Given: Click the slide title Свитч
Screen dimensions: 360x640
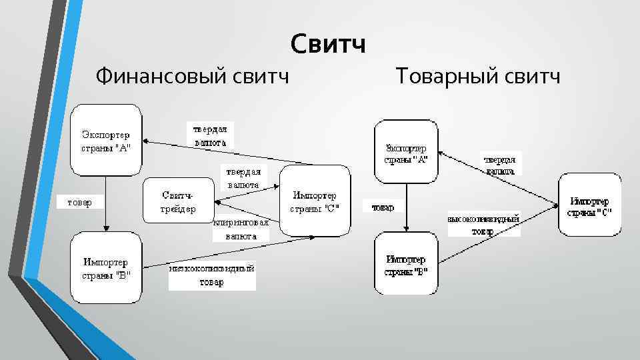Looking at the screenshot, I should coord(328,45).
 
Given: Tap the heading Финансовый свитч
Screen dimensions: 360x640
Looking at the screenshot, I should coord(193,76).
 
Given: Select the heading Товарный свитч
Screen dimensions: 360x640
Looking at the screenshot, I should coord(478,76).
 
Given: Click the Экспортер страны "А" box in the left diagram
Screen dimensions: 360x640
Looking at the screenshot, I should coord(106,141).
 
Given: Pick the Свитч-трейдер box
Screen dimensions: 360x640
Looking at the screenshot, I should coord(178,201).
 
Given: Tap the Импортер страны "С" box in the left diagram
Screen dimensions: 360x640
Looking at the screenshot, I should coord(315,201).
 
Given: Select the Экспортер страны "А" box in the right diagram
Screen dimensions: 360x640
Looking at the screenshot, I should coord(406,153).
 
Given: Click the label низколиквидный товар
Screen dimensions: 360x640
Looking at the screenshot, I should coord(212,275).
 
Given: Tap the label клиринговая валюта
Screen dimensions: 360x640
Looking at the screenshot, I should coord(241,229).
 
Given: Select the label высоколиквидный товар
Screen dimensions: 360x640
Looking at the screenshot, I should coord(483,225).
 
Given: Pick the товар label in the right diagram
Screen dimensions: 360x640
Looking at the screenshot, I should coord(383,207).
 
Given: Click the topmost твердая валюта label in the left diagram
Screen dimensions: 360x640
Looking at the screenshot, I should coord(210,135).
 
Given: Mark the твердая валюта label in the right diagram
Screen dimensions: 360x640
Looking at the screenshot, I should coord(501,165).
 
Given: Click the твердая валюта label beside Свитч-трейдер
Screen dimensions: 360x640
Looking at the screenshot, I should coord(243,177).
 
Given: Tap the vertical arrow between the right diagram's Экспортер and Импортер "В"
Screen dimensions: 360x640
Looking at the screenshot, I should coord(406,208).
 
